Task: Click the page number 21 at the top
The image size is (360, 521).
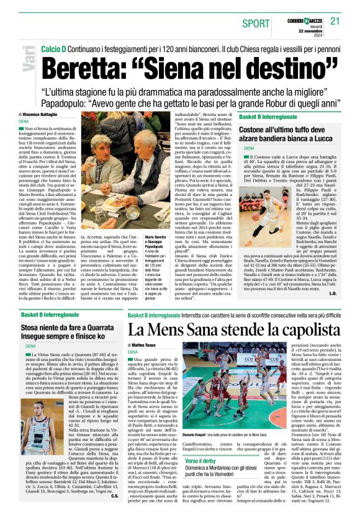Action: pos(336,22)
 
